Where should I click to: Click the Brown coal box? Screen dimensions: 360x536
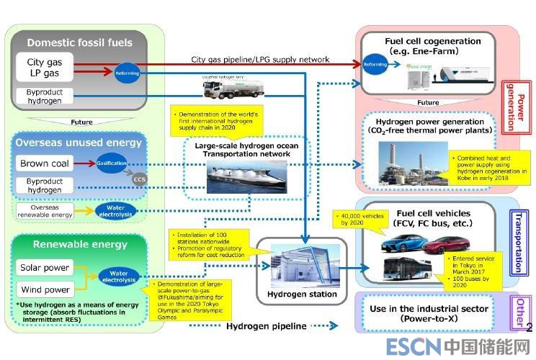pyautogui.click(x=45, y=163)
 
